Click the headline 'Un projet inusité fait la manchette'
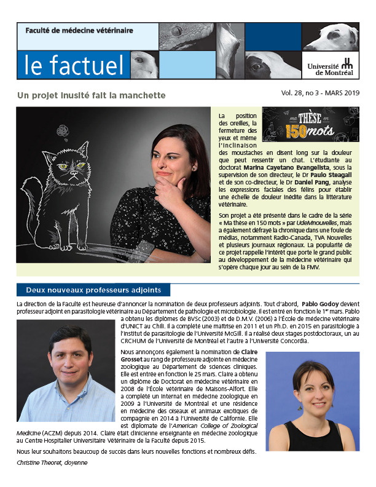tap(92, 96)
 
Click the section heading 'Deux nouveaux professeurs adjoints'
tap(93, 290)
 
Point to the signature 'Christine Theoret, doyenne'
tap(52, 462)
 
